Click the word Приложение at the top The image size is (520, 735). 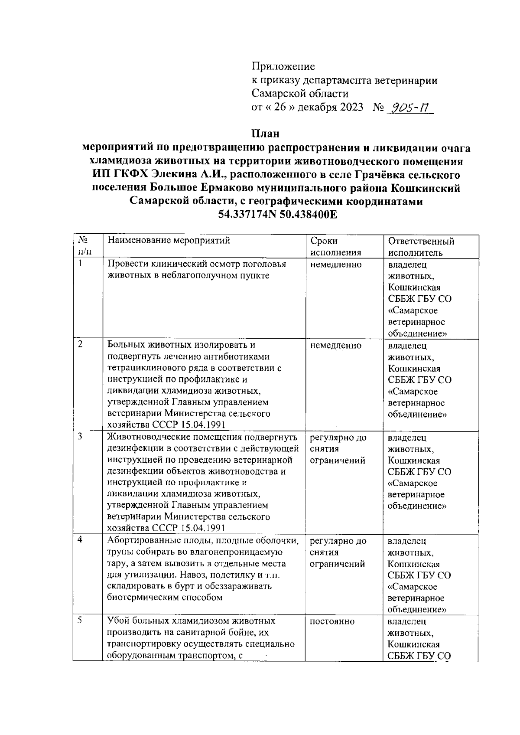click(x=283, y=66)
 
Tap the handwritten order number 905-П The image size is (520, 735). click(x=409, y=107)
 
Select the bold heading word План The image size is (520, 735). click(x=266, y=133)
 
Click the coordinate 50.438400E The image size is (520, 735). click(x=308, y=215)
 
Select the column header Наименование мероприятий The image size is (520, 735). click(x=169, y=241)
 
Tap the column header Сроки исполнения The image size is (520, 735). click(x=336, y=247)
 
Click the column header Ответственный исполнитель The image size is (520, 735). click(x=421, y=247)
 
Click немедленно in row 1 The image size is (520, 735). click(x=336, y=265)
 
